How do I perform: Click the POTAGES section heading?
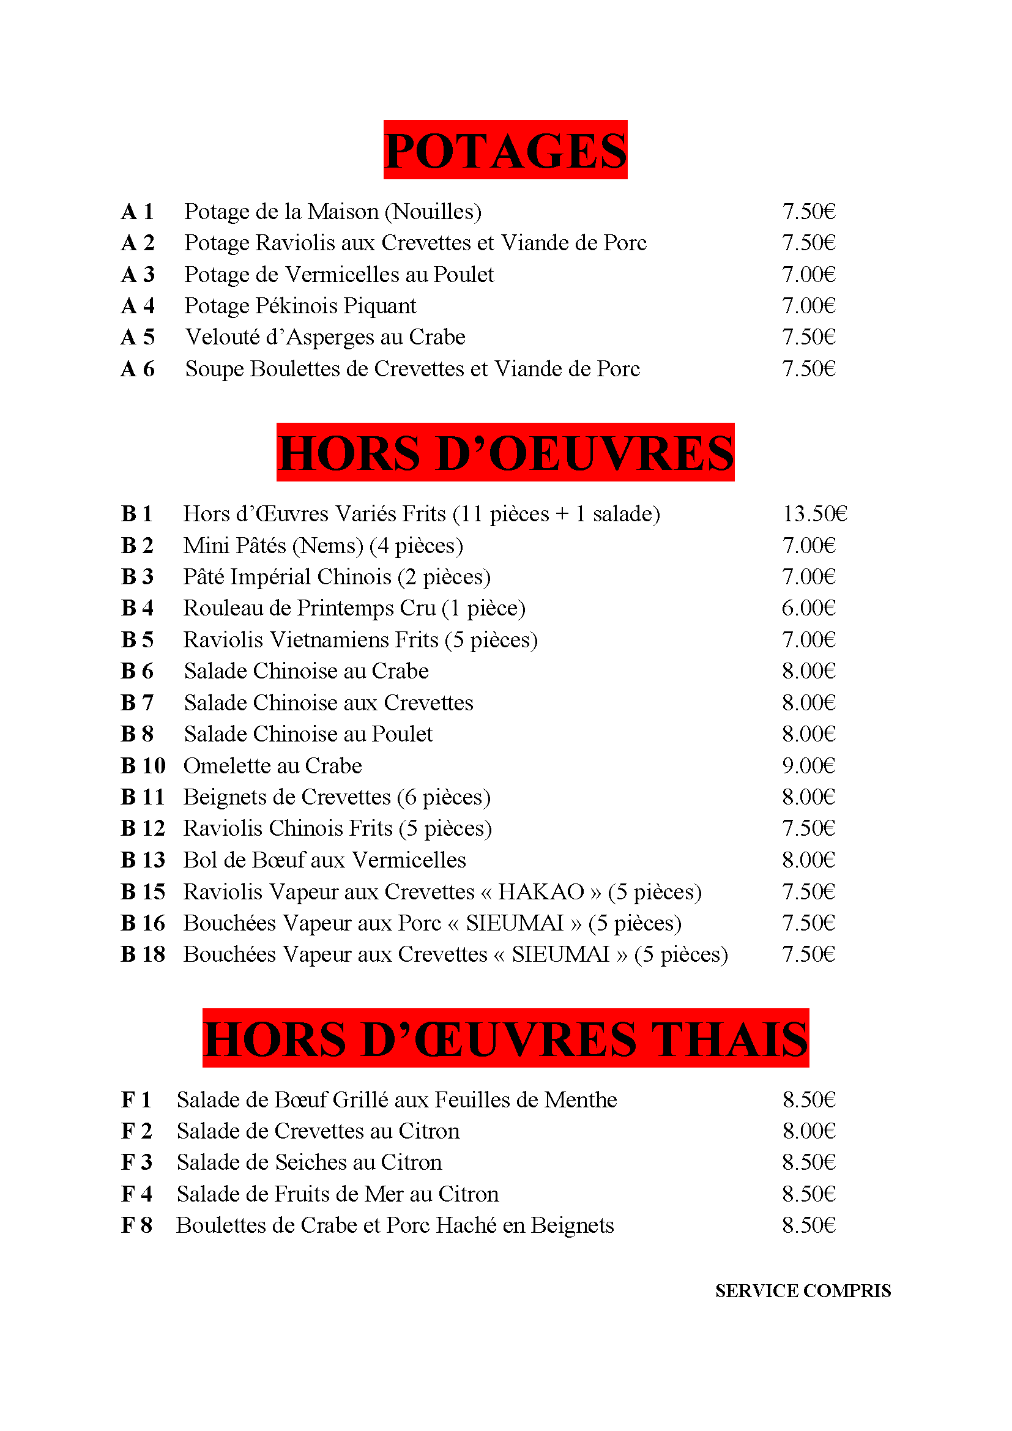pyautogui.click(x=505, y=151)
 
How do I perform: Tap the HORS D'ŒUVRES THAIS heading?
pyautogui.click(x=505, y=1039)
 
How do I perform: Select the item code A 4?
pyautogui.click(x=138, y=306)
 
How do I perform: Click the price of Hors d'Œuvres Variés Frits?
pyautogui.click(x=814, y=514)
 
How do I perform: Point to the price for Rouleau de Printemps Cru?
pyautogui.click(x=808, y=608)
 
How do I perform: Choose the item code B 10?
pyautogui.click(x=143, y=766)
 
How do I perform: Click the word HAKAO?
pyautogui.click(x=541, y=892)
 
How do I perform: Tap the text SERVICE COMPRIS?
pyautogui.click(x=803, y=1291)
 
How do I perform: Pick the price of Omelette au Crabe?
pyautogui.click(x=808, y=766)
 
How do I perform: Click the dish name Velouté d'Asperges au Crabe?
pyautogui.click(x=326, y=337)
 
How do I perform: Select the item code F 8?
pyautogui.click(x=136, y=1225)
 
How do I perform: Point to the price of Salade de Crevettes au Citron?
pyautogui.click(x=808, y=1131)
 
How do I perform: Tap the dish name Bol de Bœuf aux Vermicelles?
pyautogui.click(x=325, y=860)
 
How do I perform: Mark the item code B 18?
pyautogui.click(x=143, y=954)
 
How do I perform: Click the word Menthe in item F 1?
pyautogui.click(x=580, y=1100)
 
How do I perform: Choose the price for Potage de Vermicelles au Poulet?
pyautogui.click(x=808, y=275)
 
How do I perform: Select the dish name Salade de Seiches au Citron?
pyautogui.click(x=309, y=1162)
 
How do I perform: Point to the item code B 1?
pyautogui.click(x=136, y=514)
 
